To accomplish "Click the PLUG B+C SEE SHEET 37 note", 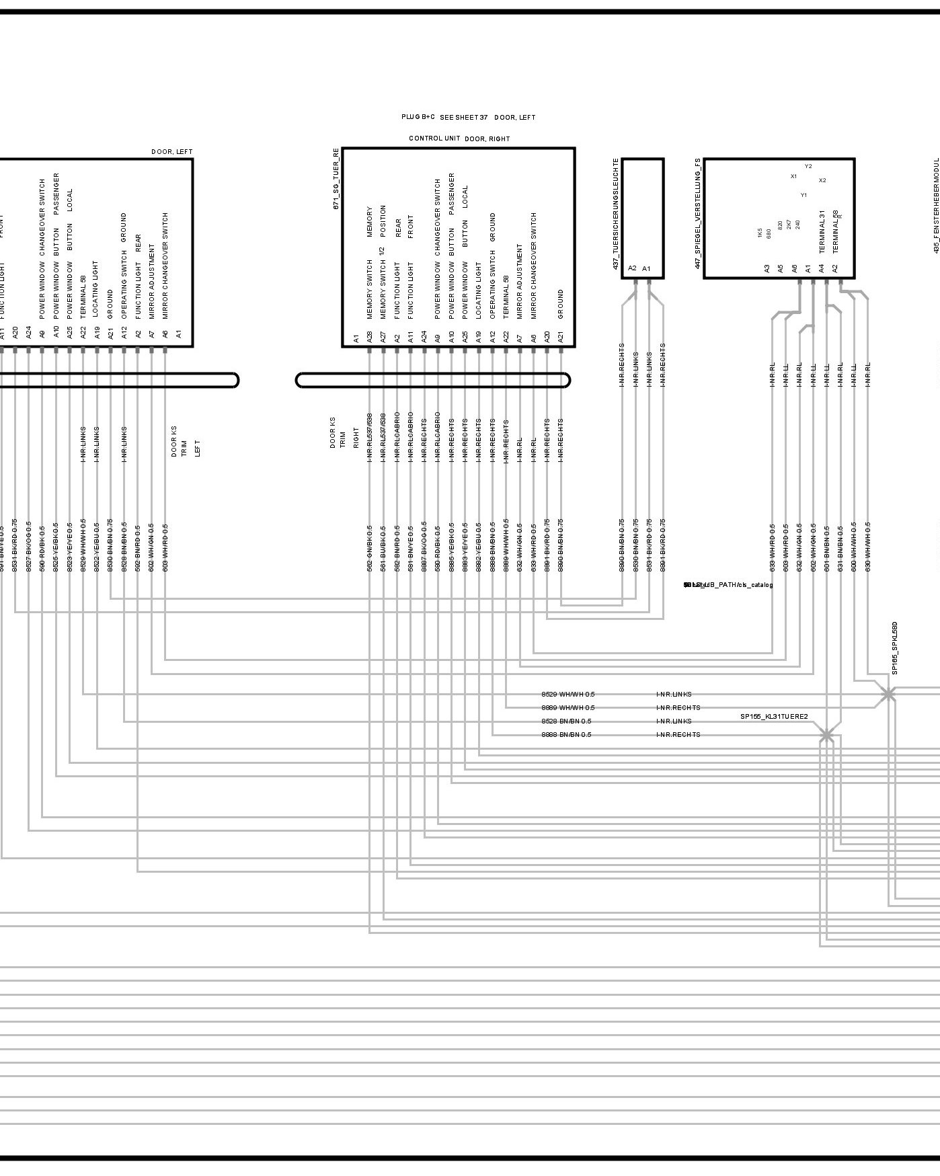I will [x=444, y=117].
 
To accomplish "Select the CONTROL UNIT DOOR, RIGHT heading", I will [x=459, y=139].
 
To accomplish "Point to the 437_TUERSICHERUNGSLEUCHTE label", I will [x=615, y=214].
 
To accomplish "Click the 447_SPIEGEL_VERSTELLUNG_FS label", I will [x=697, y=213].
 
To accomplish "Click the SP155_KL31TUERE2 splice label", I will [x=774, y=717].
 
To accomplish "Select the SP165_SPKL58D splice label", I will [x=895, y=648].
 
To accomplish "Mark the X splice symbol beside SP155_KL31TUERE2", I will [x=826, y=735].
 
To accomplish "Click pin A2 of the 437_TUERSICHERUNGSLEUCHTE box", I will [x=632, y=268].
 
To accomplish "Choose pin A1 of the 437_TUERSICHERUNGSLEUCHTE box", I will [x=647, y=268].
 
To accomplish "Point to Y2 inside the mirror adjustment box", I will [x=808, y=166].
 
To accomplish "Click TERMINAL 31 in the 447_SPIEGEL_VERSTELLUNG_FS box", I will [x=822, y=232].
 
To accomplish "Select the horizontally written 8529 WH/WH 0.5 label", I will [x=567, y=694].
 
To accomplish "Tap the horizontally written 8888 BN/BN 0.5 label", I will [x=566, y=734].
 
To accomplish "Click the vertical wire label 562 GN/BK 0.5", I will [x=369, y=548].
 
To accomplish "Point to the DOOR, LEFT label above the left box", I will [x=171, y=152].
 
